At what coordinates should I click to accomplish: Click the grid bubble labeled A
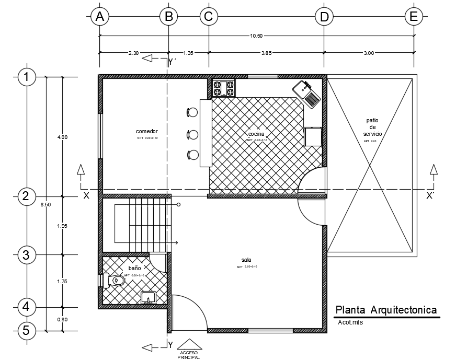tap(99, 17)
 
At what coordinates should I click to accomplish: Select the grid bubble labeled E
tap(414, 17)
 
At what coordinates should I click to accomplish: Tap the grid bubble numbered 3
tap(26, 255)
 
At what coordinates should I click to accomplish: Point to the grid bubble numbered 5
tap(26, 331)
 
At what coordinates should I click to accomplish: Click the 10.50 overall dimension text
tap(256, 36)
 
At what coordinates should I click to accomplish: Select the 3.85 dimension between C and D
tap(266, 53)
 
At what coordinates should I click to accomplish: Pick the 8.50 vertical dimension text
tap(45, 204)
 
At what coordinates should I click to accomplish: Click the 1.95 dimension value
tap(62, 226)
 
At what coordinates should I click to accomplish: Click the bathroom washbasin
tap(149, 298)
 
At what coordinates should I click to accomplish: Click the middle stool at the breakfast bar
tap(192, 134)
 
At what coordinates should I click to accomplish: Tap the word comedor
tap(147, 131)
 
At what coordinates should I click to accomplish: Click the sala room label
tap(246, 260)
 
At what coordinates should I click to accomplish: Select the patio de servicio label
tap(373, 127)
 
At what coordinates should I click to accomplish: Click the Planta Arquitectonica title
tap(386, 310)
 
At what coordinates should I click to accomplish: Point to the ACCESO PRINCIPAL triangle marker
tap(189, 343)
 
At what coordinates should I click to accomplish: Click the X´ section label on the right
tap(430, 196)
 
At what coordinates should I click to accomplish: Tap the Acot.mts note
tap(350, 322)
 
